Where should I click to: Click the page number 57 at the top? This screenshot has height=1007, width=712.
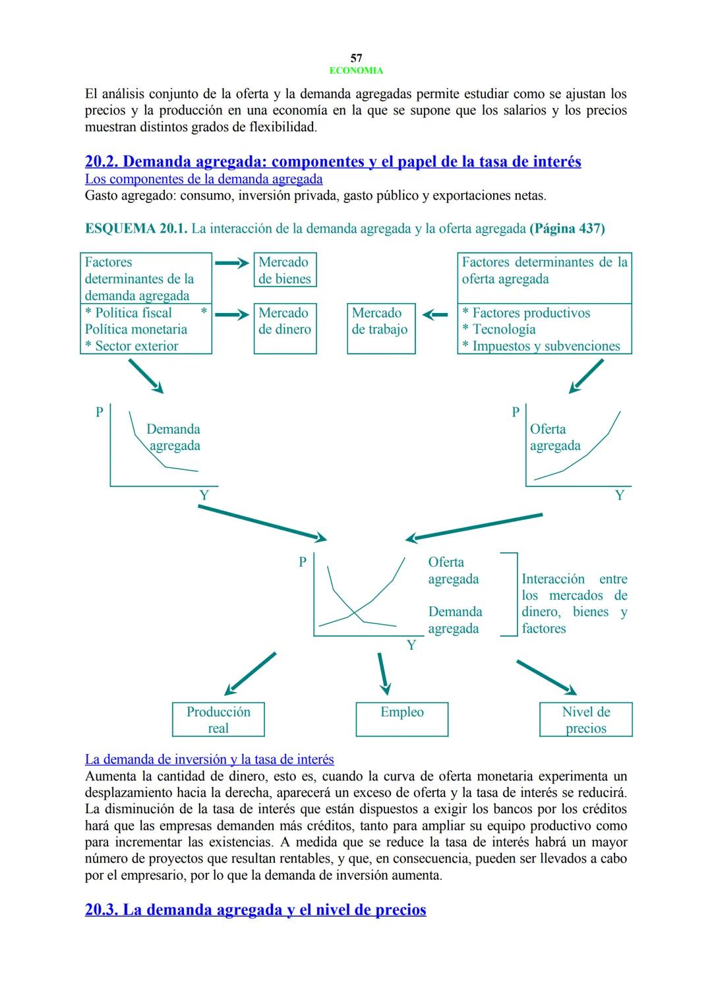(356, 58)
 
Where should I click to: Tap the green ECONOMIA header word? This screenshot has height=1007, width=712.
(356, 71)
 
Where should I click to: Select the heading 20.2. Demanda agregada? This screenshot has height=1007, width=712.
(333, 161)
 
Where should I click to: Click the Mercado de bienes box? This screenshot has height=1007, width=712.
(285, 270)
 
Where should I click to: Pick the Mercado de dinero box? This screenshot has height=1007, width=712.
(285, 328)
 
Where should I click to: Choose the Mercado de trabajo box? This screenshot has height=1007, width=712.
(380, 328)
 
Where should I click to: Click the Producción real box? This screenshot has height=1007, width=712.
(218, 720)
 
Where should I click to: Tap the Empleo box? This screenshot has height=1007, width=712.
(401, 719)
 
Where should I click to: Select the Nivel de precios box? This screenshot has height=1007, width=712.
(585, 720)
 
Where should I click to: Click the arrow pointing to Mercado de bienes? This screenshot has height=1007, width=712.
(232, 263)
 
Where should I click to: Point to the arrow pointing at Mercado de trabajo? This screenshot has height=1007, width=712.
(435, 315)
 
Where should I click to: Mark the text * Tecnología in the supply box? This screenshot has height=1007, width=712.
(499, 330)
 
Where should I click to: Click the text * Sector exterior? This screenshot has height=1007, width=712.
(132, 346)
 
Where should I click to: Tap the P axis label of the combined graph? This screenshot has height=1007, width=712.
(303, 562)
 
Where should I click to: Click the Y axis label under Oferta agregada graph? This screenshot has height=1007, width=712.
(619, 496)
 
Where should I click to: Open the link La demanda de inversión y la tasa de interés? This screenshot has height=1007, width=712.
(210, 759)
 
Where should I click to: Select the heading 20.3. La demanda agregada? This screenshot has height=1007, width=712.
(256, 910)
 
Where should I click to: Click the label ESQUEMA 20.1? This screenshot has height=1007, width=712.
(136, 229)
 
